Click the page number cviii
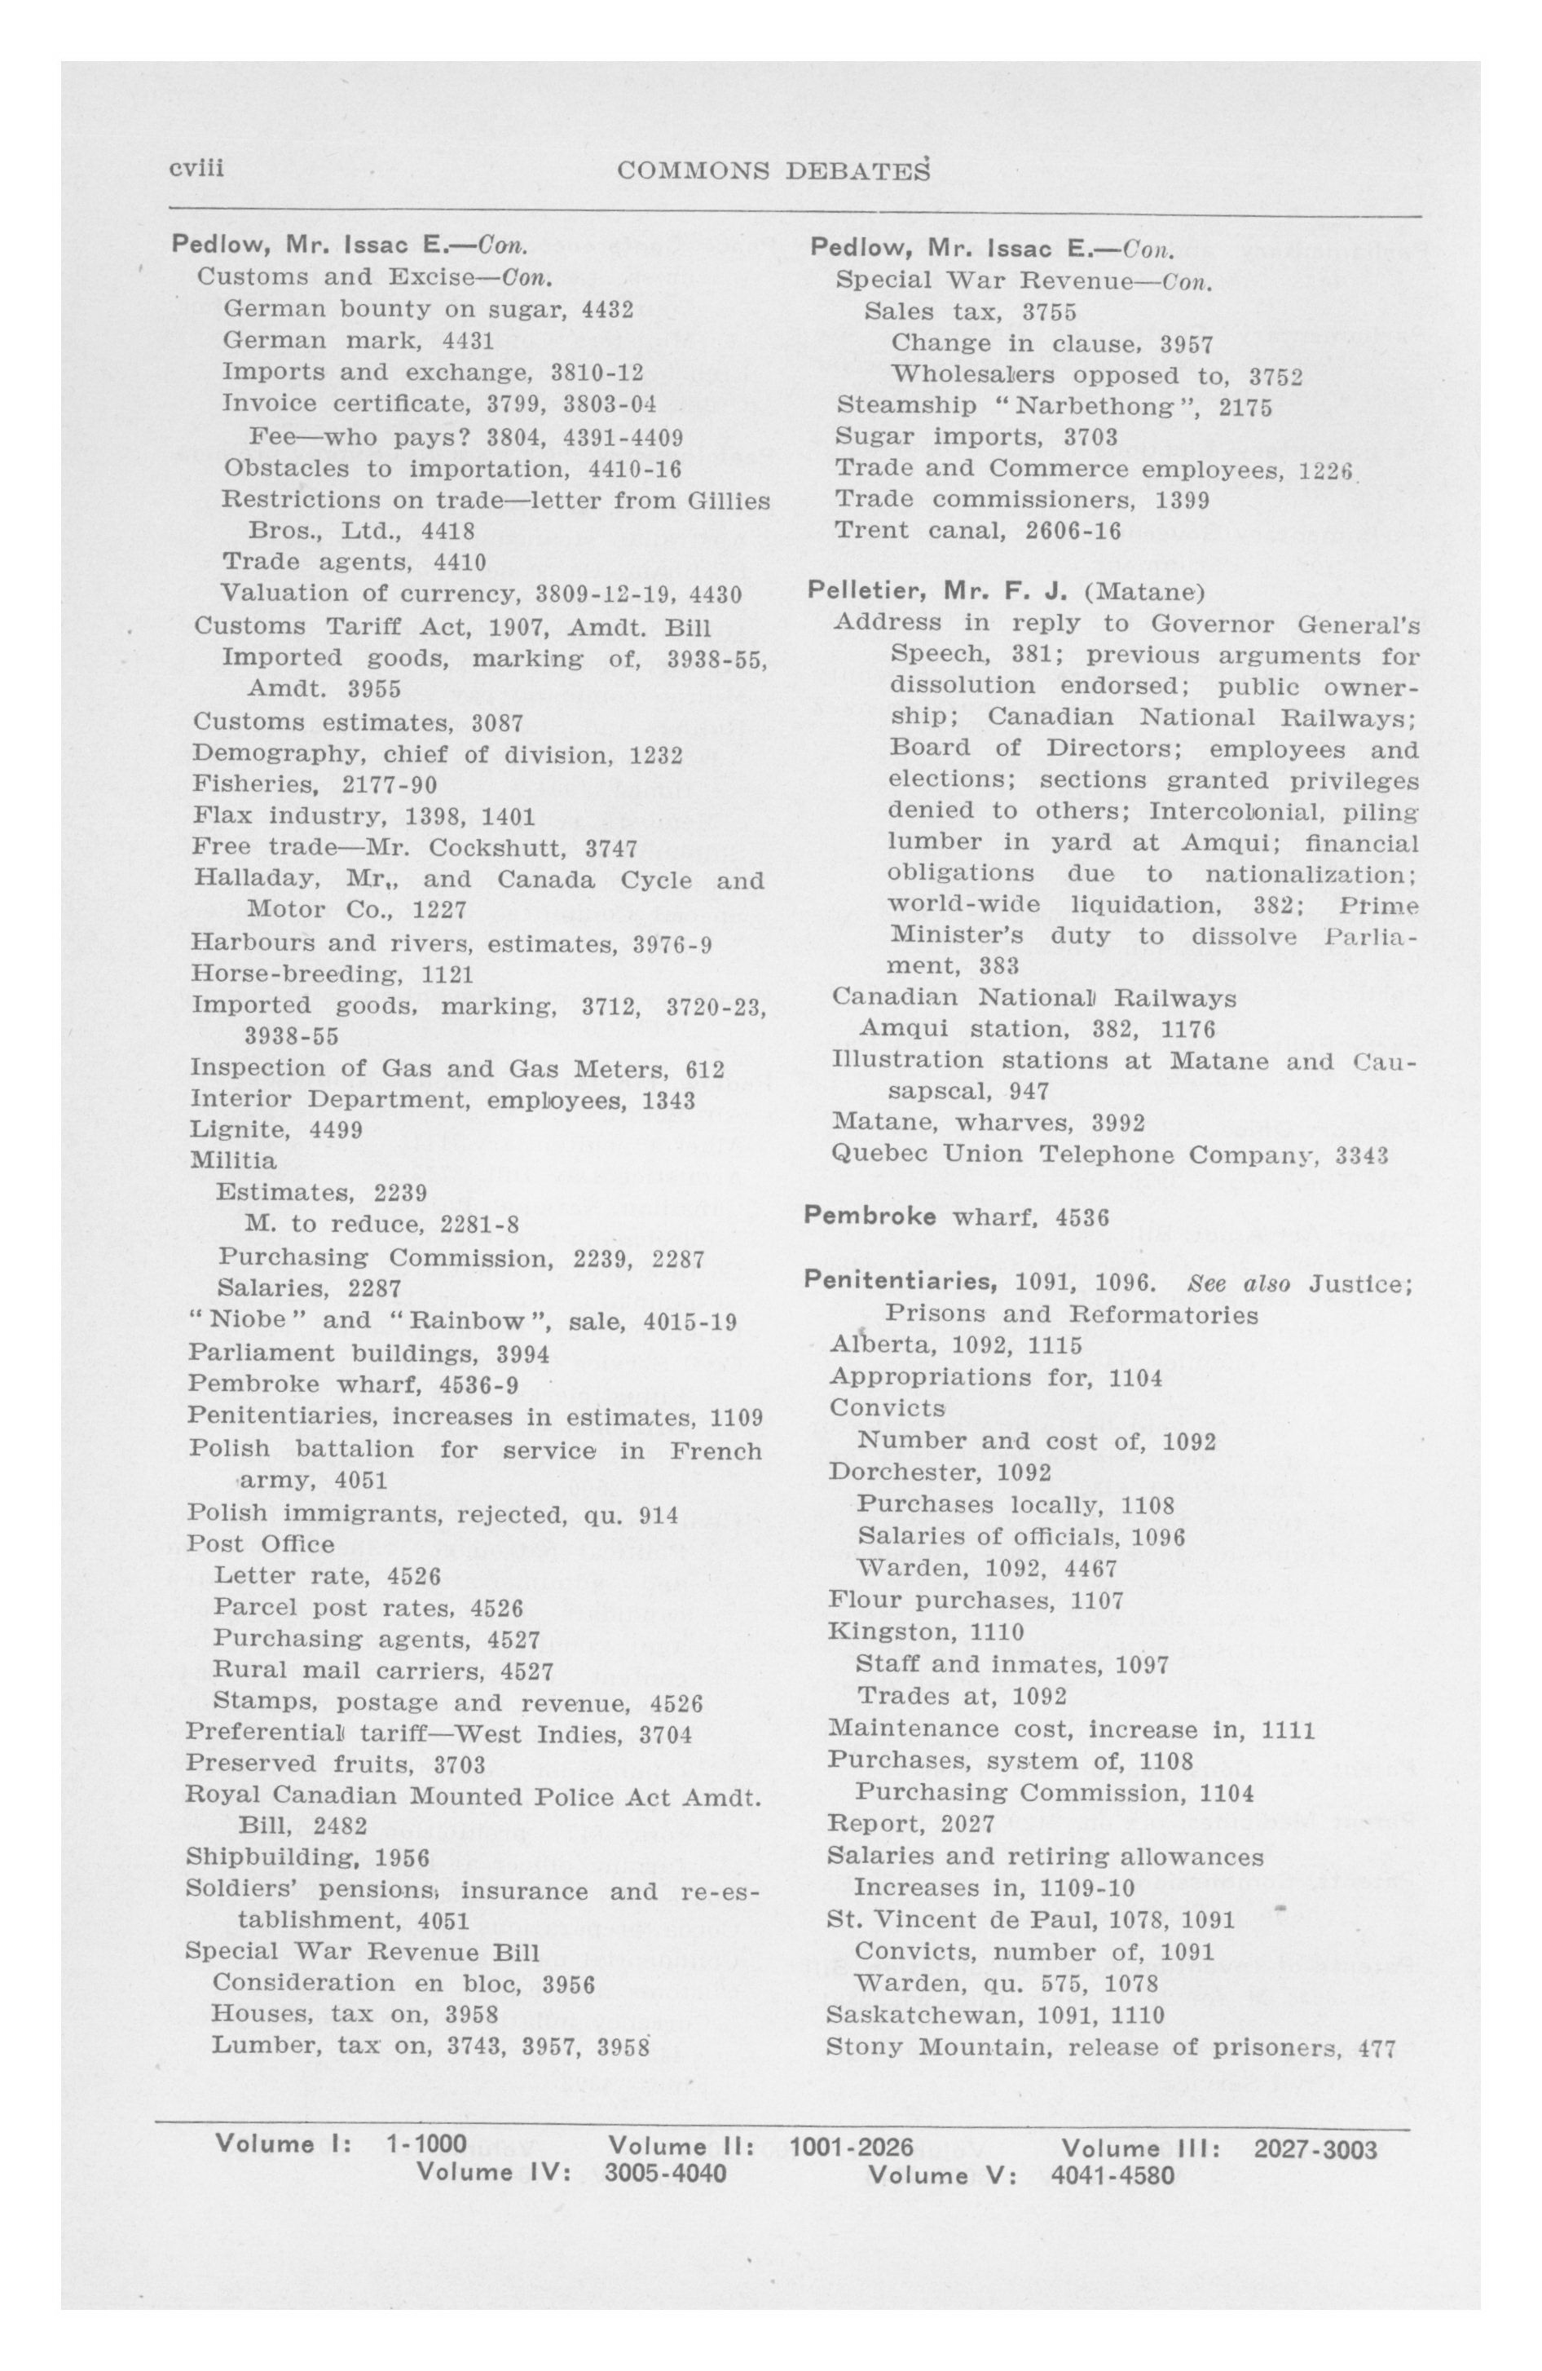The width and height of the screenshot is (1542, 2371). [196, 170]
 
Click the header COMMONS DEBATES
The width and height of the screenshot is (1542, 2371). [773, 171]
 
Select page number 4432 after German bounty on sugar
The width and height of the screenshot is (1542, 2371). [608, 309]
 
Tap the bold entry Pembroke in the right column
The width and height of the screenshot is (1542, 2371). [870, 1216]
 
